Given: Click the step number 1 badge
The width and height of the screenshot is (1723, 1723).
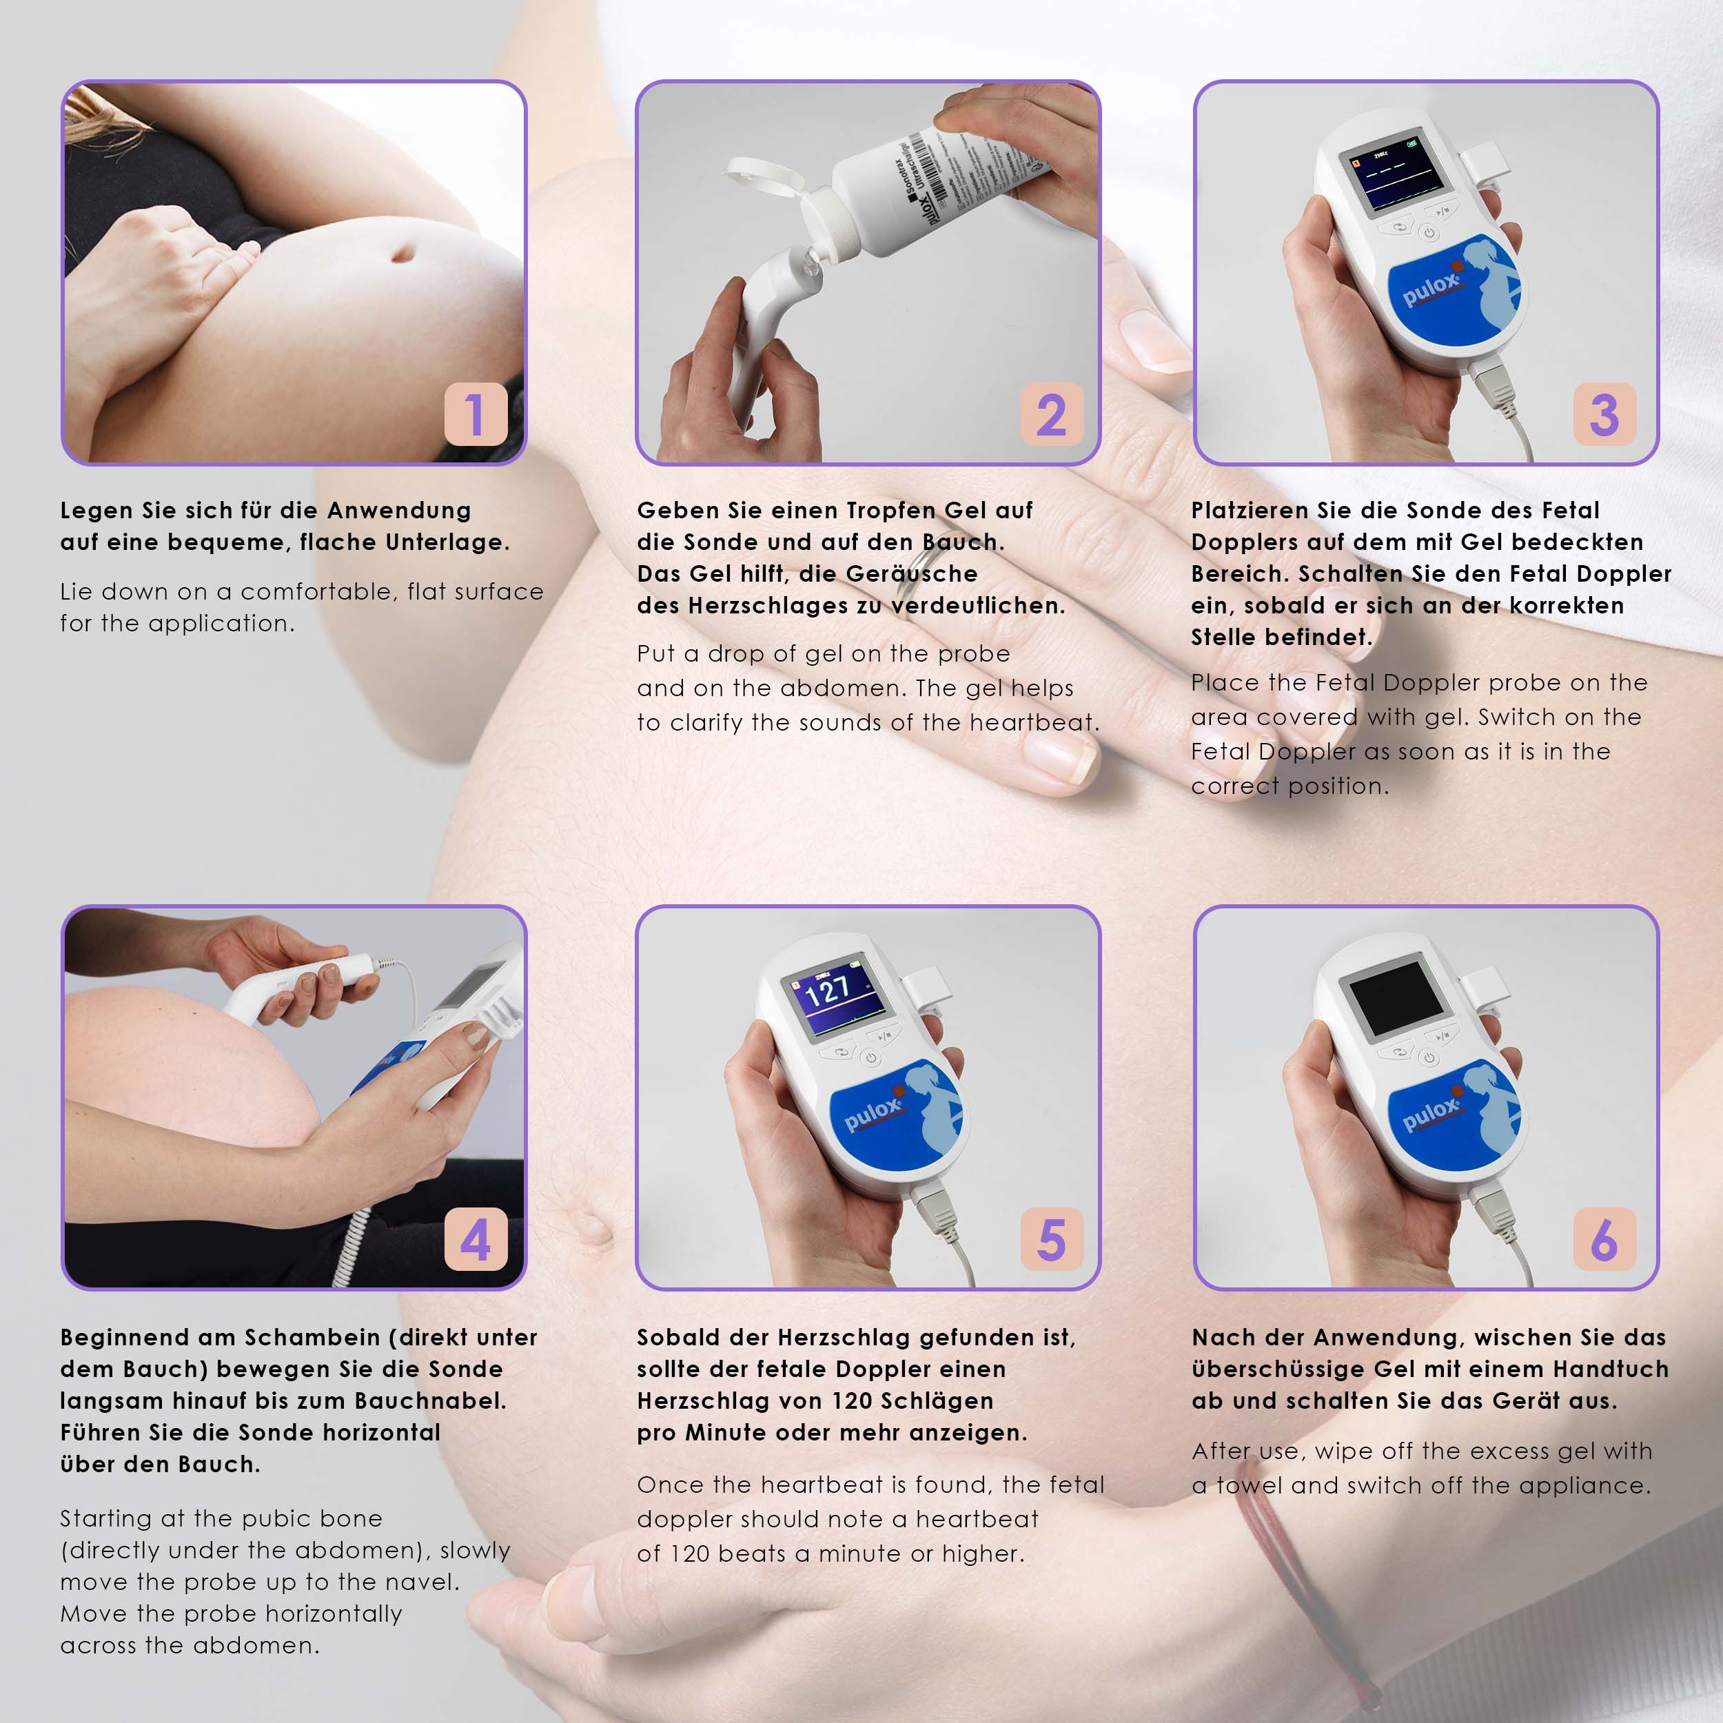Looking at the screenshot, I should pos(476,415).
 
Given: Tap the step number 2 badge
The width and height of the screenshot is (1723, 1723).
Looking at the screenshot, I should pos(1052,415).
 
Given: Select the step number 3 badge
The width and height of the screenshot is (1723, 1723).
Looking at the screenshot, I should pos(1604,415).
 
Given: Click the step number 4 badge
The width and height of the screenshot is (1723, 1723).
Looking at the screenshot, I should pos(476,1240).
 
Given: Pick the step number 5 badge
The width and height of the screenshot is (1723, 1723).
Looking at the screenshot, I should pos(1052,1240).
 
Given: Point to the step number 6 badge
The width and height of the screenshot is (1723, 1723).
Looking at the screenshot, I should pos(1604,1240).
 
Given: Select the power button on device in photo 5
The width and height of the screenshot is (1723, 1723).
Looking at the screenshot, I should pos(870,1059).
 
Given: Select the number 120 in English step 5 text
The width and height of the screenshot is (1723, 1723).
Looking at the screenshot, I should pos(689,1554).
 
